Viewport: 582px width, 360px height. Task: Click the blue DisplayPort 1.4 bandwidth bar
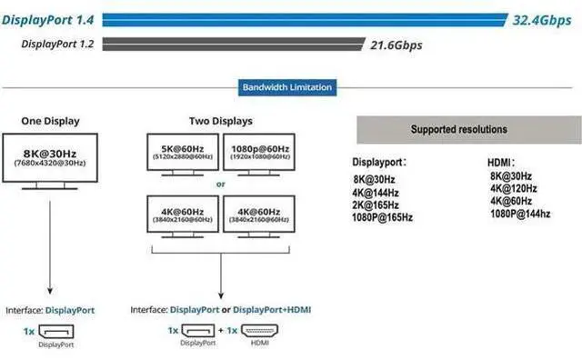305,20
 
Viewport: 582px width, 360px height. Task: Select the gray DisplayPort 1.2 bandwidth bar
234,44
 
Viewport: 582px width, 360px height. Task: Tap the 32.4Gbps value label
542,20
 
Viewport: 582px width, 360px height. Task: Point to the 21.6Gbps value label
396,45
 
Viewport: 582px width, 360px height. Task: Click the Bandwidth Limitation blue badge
287,87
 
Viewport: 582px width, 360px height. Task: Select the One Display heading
51,121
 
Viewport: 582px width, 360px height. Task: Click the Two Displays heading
221,121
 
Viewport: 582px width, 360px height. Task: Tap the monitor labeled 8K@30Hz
50,162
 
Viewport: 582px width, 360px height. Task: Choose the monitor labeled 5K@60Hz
183,155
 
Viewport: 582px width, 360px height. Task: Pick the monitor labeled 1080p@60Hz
259,155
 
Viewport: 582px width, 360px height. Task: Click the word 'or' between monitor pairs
220,184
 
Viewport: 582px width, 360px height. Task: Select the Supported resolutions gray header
469,129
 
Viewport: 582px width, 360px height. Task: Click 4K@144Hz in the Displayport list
376,193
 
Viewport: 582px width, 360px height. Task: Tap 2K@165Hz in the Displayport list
376,205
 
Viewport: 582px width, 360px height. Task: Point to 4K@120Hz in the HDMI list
514,188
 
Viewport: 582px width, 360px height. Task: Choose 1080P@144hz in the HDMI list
520,214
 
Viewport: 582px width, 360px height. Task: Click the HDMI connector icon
259,331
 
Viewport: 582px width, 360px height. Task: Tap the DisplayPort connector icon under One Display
56,332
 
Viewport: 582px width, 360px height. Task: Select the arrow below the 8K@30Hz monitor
50,247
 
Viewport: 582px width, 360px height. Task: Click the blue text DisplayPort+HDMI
272,309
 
